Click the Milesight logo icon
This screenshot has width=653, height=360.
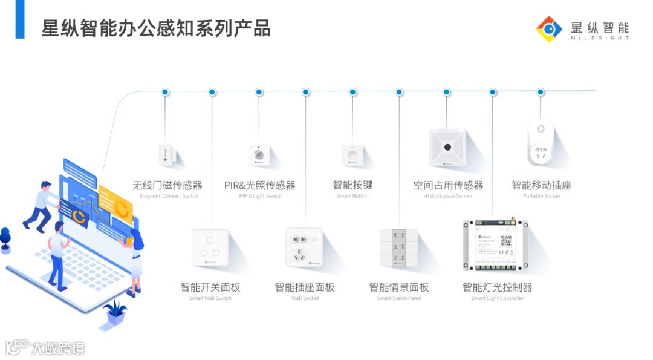point(549,29)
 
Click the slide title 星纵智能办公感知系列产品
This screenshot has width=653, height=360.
point(156,28)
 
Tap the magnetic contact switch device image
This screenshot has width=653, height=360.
point(165,155)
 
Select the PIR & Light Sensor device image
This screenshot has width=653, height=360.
point(259,155)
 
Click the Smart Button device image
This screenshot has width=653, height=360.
point(352,155)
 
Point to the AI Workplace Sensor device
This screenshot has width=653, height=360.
point(447,147)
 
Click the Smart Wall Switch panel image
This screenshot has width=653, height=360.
point(210,248)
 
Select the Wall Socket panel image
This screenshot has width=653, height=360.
point(305,247)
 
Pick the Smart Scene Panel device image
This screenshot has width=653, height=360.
point(398,248)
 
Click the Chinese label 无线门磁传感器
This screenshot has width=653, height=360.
point(167,185)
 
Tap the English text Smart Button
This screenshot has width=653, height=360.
point(352,196)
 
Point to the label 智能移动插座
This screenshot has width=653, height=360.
point(541,185)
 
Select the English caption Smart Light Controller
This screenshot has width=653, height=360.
point(498,298)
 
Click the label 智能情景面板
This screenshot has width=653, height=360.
point(399,287)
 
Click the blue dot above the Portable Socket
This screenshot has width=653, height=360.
point(541,92)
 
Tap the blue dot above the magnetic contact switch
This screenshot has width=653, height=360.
point(165,92)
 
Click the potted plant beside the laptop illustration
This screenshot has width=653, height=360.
point(115,312)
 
